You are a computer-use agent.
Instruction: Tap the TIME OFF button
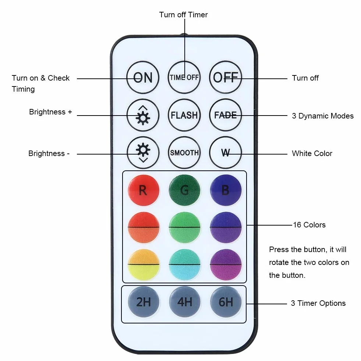[x=184, y=77]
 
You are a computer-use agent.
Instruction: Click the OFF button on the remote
[x=225, y=77]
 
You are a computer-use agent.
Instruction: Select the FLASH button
[x=184, y=115]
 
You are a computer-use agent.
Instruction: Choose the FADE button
[x=225, y=115]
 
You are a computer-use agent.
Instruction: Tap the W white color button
[x=225, y=153]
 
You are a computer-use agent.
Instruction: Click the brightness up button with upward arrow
[x=143, y=115]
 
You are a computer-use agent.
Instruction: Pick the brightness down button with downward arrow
[x=143, y=153]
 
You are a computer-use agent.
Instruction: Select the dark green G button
[x=184, y=190]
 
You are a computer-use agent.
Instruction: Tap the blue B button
[x=226, y=190]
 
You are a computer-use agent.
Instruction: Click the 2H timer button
[x=144, y=302]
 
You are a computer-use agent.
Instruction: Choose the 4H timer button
[x=185, y=302]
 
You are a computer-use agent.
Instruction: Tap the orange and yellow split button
[x=144, y=265]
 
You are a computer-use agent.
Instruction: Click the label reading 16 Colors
[x=309, y=225]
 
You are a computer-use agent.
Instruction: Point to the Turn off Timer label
[x=184, y=15]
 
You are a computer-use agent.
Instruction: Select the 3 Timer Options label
[x=318, y=303]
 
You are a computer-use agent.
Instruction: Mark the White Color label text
[x=312, y=153]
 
